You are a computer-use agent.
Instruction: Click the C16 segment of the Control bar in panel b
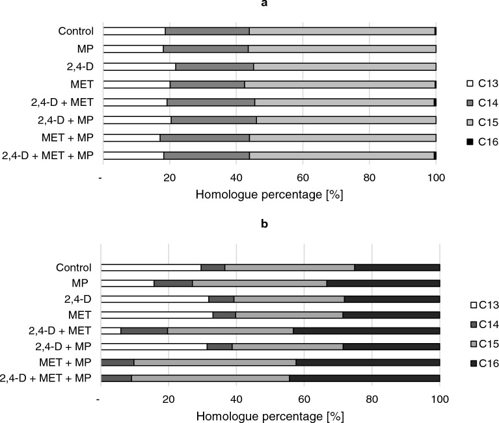coord(397,267)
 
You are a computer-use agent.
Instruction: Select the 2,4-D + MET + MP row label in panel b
coord(47,378)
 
